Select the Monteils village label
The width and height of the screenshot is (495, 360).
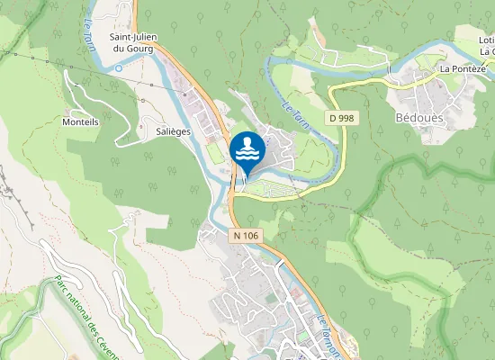point(80,121)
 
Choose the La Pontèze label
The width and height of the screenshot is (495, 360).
point(463,68)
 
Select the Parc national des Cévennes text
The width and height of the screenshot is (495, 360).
point(90,314)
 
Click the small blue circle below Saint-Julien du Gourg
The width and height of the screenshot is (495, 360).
point(118,67)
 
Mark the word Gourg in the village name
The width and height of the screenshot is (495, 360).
point(139,49)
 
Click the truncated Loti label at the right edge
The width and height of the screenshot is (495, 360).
point(487,40)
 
